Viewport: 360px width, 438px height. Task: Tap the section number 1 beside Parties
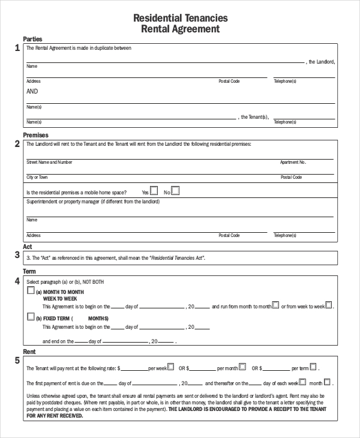point(17,48)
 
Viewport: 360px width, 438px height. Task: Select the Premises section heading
point(35,135)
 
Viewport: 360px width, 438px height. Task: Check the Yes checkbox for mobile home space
point(154,191)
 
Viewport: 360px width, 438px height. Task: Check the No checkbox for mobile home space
point(175,191)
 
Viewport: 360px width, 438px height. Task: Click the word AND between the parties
point(32,92)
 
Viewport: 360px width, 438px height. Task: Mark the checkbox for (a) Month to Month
point(31,291)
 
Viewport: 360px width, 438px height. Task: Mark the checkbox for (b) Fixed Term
point(31,317)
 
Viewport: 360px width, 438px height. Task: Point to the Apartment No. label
point(293,162)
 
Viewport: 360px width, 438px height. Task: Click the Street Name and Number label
point(49,162)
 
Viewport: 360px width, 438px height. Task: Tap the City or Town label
point(37,177)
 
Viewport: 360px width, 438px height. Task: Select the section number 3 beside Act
point(17,255)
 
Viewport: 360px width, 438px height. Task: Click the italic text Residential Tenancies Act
point(178,257)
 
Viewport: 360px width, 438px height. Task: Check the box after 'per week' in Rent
point(170,365)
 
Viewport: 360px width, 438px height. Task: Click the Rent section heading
point(29,351)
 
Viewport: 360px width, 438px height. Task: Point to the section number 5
point(17,360)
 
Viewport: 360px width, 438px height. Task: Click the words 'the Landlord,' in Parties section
point(322,62)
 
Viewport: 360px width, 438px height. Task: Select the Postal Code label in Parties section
point(229,80)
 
